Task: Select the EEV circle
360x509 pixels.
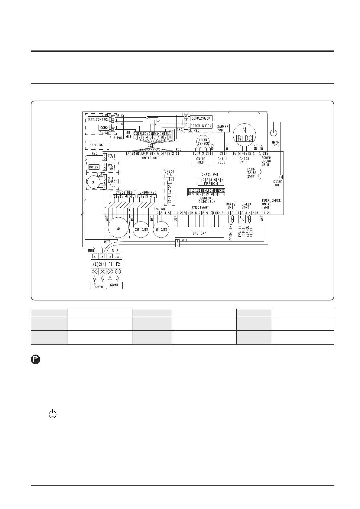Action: pyautogui.click(x=118, y=228)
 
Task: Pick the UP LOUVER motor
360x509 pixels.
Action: pyautogui.click(x=161, y=230)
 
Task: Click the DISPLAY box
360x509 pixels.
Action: pyautogui.click(x=199, y=233)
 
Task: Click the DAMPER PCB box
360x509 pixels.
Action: pyautogui.click(x=223, y=128)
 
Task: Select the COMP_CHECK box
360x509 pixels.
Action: pyautogui.click(x=201, y=118)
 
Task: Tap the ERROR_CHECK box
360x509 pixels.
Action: pyautogui.click(x=201, y=126)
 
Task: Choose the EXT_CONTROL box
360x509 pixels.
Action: pyautogui.click(x=98, y=119)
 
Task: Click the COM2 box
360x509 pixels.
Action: pyautogui.click(x=104, y=128)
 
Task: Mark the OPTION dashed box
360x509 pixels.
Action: pyautogui.click(x=97, y=145)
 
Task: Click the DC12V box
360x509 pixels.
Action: pyautogui.click(x=94, y=167)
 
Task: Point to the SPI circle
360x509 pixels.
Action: pyautogui.click(x=94, y=182)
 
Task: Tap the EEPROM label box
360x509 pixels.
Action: pyautogui.click(x=211, y=184)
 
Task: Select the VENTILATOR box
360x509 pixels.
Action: pyautogui.click(x=170, y=193)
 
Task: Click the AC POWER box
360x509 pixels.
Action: pyautogui.click(x=98, y=285)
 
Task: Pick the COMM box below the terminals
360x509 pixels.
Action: pyautogui.click(x=114, y=285)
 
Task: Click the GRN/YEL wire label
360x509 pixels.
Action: pyautogui.click(x=276, y=144)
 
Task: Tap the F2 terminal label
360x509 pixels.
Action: pyautogui.click(x=118, y=264)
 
